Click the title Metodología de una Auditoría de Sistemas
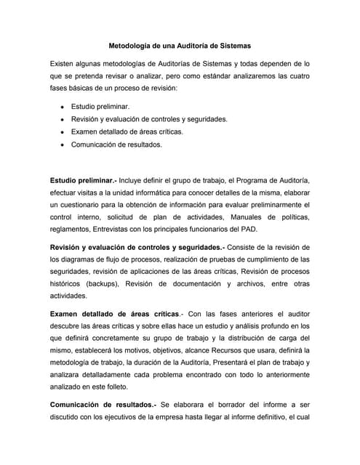coord(180,44)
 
